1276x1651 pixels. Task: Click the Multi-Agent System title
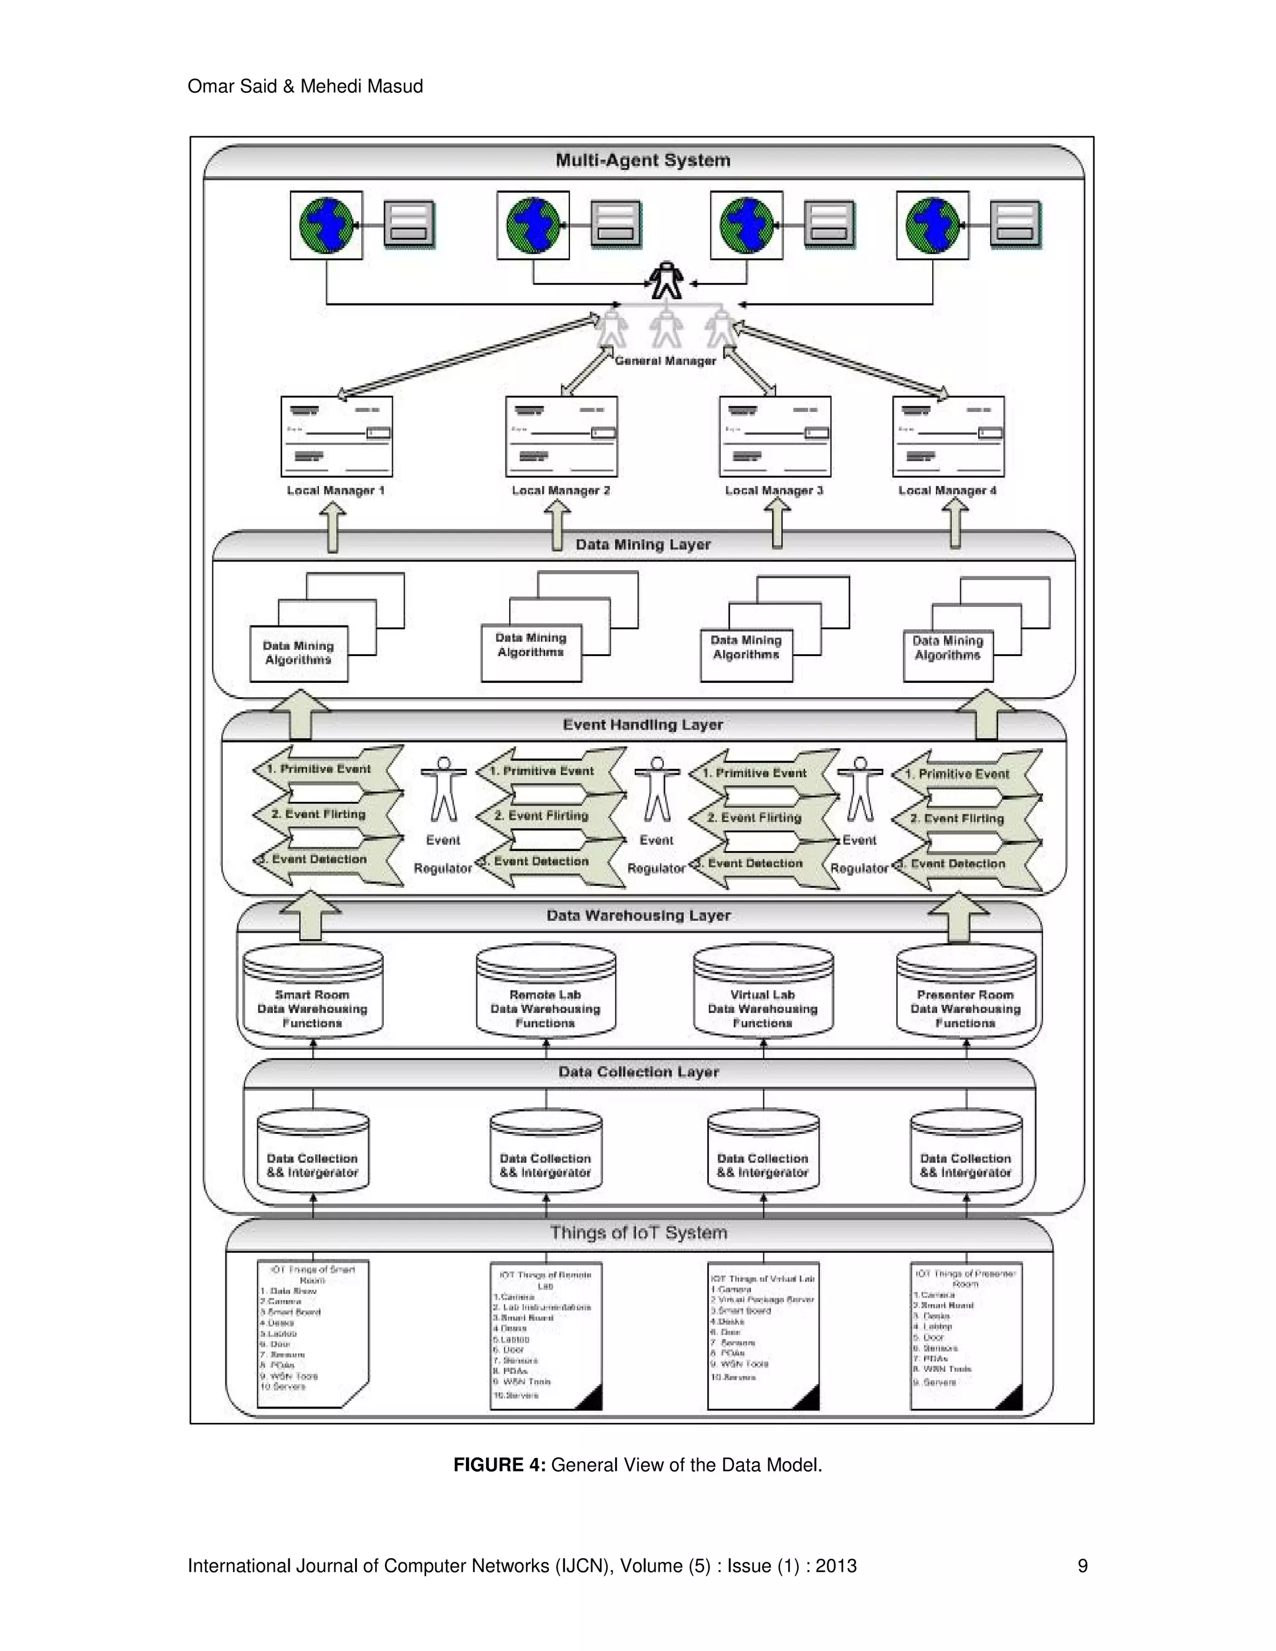642,160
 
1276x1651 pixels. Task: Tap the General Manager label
665,361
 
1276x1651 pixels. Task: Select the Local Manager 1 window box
336,436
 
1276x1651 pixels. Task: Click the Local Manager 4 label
947,490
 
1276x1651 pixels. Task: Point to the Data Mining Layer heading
642,545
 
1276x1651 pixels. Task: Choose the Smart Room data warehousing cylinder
312,992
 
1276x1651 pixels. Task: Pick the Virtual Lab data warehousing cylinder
763,992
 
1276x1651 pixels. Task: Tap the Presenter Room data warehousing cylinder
965,992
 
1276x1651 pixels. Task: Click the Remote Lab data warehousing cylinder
545,992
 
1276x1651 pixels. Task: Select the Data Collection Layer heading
639,1072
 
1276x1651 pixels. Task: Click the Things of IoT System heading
639,1233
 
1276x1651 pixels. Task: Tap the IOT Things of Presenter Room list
965,1335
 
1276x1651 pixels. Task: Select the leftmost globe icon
326,224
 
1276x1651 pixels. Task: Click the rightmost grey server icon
1014,224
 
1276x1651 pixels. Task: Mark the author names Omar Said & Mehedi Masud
305,86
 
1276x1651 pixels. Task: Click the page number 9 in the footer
1082,1566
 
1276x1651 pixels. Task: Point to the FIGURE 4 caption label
499,1465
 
